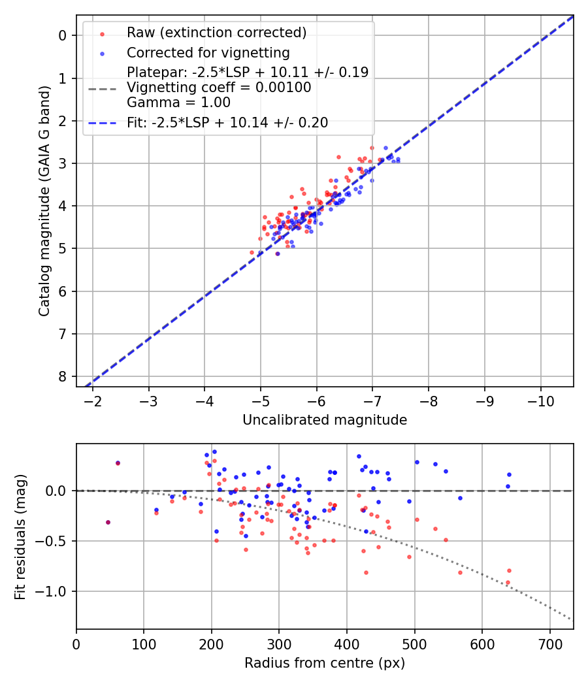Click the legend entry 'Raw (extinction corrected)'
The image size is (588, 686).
tap(216, 33)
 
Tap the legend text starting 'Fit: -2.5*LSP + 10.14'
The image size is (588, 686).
tap(227, 122)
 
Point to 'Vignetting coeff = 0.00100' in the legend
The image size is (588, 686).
tap(219, 88)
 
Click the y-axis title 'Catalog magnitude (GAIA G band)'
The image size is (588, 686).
tap(44, 200)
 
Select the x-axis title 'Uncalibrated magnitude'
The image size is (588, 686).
tap(325, 420)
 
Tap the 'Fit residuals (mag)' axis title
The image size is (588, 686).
tap(20, 537)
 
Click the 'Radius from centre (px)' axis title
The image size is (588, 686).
tap(325, 663)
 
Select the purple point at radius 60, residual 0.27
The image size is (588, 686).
tap(118, 463)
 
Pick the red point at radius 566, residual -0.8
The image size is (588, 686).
tap(460, 572)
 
